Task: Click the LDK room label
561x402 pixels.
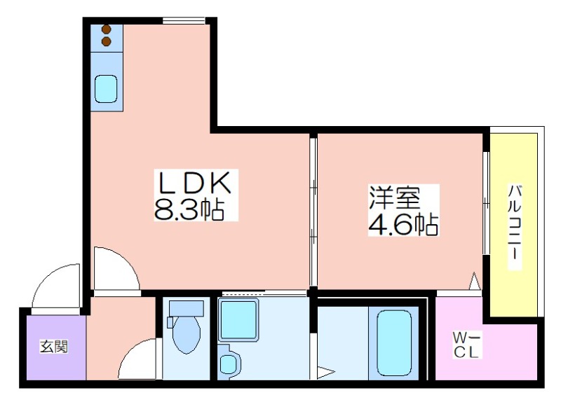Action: point(196,183)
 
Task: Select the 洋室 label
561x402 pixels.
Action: point(395,197)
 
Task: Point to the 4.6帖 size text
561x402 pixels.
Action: point(403,224)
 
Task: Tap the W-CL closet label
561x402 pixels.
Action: point(466,345)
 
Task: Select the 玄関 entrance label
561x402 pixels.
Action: point(54,346)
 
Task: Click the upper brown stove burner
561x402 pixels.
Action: point(107,29)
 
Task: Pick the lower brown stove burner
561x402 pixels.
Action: point(107,42)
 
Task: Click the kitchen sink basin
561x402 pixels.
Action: point(106,89)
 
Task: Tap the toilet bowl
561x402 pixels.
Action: point(186,335)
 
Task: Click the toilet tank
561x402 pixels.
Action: point(186,308)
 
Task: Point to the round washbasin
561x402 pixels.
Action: point(227,363)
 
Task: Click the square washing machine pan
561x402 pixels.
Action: point(238,321)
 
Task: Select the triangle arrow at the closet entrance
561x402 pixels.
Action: point(475,282)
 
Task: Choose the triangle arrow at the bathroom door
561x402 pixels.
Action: point(325,373)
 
